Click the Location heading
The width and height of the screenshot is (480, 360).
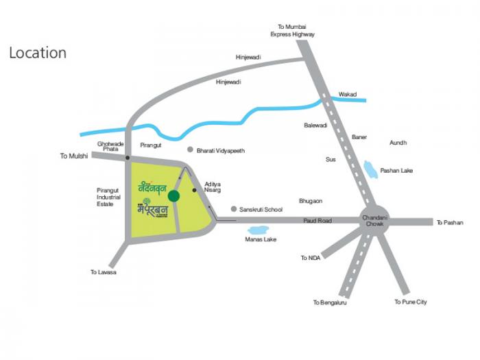[38, 53]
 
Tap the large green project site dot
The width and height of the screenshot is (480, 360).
[174, 196]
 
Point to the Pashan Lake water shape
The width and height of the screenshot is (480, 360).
[370, 169]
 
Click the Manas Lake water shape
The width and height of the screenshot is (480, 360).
[259, 230]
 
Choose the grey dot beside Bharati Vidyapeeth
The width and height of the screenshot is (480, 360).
[190, 149]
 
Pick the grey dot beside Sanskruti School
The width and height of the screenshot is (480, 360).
[234, 209]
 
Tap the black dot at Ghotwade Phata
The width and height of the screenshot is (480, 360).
[128, 158]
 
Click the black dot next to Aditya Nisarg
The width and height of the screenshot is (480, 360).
[195, 190]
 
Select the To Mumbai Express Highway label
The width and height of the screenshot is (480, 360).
[292, 29]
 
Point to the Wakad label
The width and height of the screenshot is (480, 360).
[348, 95]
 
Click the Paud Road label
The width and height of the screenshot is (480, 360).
[318, 221]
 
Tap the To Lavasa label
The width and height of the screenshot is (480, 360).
[104, 272]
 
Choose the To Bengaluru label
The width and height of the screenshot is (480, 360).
[330, 302]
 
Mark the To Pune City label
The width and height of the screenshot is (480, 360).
[411, 302]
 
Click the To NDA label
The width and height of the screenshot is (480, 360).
[310, 259]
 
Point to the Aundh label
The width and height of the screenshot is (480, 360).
[398, 143]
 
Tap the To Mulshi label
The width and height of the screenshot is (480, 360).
[74, 156]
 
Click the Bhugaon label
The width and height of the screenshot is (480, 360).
[311, 201]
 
